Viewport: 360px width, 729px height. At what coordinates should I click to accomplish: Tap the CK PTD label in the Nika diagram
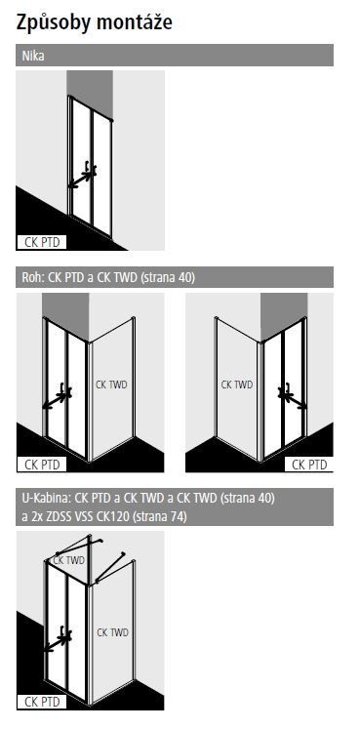[x=42, y=240]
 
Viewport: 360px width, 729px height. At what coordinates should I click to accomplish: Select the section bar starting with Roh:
[x=176, y=278]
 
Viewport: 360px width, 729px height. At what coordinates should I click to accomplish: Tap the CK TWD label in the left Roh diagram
[x=111, y=385]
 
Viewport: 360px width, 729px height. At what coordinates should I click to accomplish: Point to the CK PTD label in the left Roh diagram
[x=42, y=465]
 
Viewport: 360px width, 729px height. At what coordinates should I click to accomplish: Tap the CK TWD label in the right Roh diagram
[x=236, y=385]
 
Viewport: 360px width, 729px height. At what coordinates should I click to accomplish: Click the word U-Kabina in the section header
[x=45, y=498]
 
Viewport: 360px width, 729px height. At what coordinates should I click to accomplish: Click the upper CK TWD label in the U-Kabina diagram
[x=69, y=560]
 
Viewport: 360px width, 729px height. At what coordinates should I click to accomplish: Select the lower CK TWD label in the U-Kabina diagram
[x=112, y=632]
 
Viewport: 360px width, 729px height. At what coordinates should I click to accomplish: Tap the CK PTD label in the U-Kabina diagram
[x=42, y=699]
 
